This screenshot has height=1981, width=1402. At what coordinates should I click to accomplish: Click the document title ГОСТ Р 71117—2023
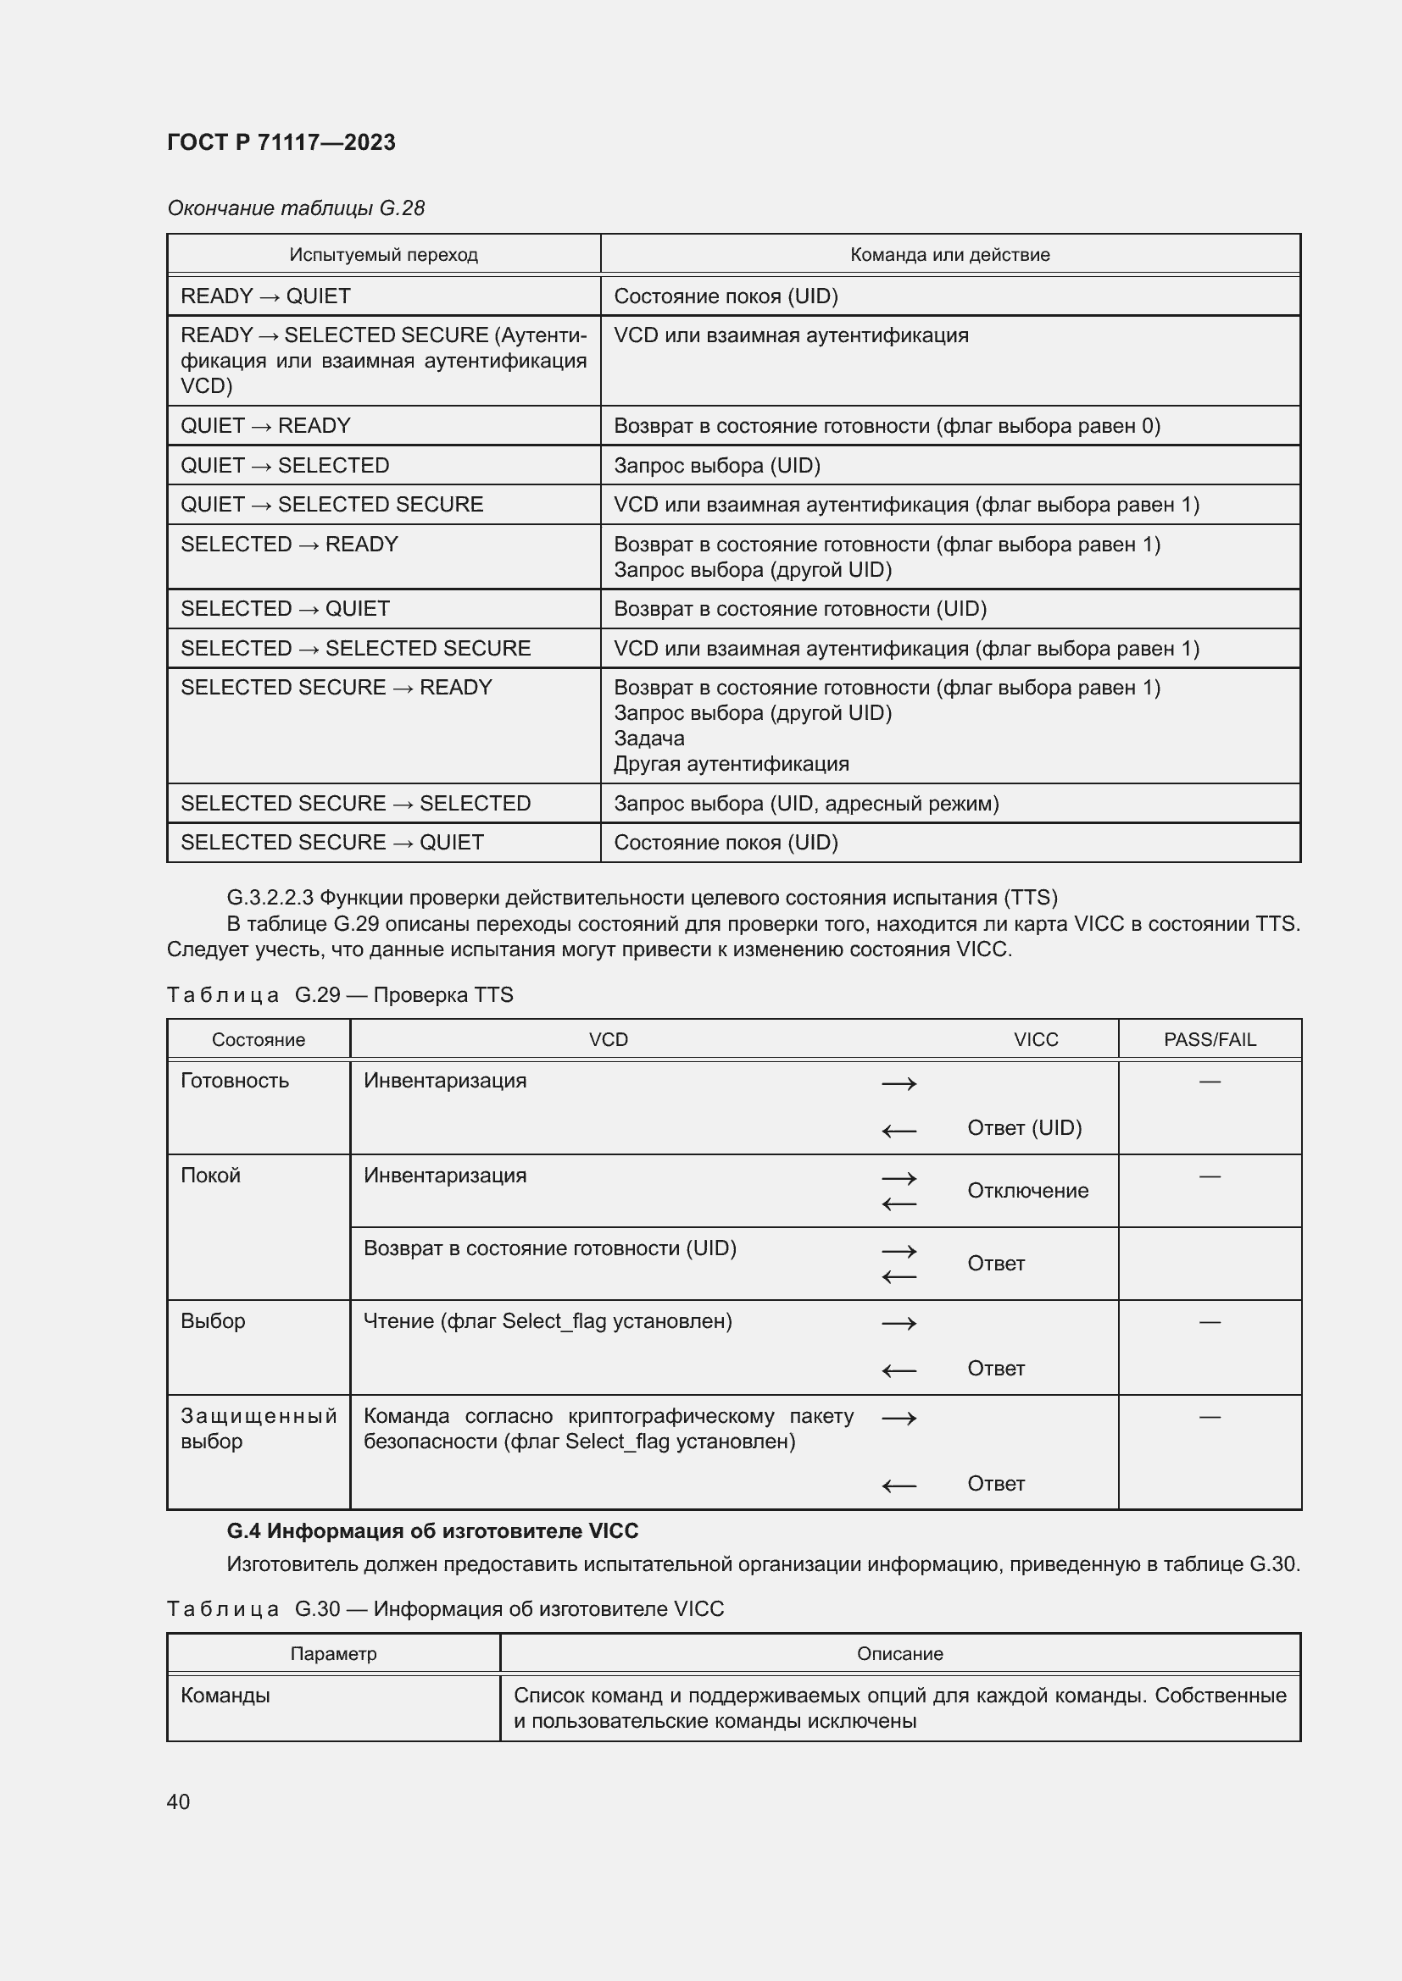[x=281, y=142]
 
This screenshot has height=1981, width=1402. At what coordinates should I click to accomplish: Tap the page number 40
[x=178, y=1801]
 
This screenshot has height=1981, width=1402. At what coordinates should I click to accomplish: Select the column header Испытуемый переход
[x=383, y=255]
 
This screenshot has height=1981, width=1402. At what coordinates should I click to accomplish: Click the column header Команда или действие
[x=949, y=255]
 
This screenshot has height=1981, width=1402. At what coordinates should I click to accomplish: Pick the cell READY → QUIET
[x=265, y=296]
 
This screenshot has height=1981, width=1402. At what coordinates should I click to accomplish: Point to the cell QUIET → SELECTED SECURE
[x=331, y=505]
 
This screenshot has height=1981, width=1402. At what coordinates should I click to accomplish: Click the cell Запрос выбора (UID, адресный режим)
[x=805, y=803]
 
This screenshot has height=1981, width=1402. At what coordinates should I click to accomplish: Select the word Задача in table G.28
[x=648, y=739]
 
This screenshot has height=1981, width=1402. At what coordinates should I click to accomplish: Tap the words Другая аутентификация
[x=731, y=764]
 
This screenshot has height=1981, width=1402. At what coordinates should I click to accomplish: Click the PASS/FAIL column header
[x=1209, y=1040]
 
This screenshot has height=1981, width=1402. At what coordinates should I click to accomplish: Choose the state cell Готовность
[x=234, y=1081]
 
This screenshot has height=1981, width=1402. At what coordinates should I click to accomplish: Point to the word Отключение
[x=1027, y=1191]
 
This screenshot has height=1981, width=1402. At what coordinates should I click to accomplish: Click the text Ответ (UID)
[x=1024, y=1127]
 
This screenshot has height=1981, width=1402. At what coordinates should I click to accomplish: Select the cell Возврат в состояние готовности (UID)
[x=549, y=1248]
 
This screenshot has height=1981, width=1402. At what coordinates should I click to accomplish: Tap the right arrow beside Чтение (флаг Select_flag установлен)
[x=899, y=1324]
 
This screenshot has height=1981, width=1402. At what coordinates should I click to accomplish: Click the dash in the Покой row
[x=1210, y=1176]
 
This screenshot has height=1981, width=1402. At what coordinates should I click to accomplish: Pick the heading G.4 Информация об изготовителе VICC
[x=431, y=1531]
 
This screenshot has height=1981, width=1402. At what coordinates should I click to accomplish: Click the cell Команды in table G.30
[x=225, y=1696]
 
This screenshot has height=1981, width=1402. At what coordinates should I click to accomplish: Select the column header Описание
[x=899, y=1654]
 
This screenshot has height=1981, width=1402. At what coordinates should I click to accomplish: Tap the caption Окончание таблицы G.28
[x=295, y=208]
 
